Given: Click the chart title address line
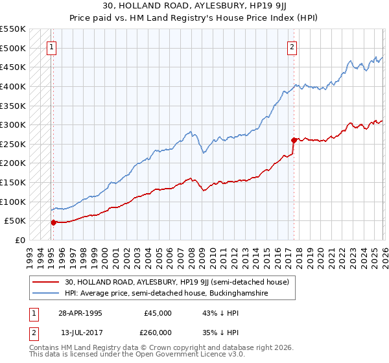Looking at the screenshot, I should pyautogui.click(x=194, y=6).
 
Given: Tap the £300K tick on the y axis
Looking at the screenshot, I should pyautogui.click(x=12, y=124).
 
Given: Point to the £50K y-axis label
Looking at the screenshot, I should pyautogui.click(x=14, y=221).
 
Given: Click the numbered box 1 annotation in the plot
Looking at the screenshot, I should pyautogui.click(x=51, y=47).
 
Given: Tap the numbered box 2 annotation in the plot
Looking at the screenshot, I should pyautogui.click(x=292, y=47).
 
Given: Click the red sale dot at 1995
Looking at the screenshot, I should pyautogui.click(x=54, y=222).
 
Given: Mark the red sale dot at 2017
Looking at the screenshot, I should pyautogui.click(x=294, y=140).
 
